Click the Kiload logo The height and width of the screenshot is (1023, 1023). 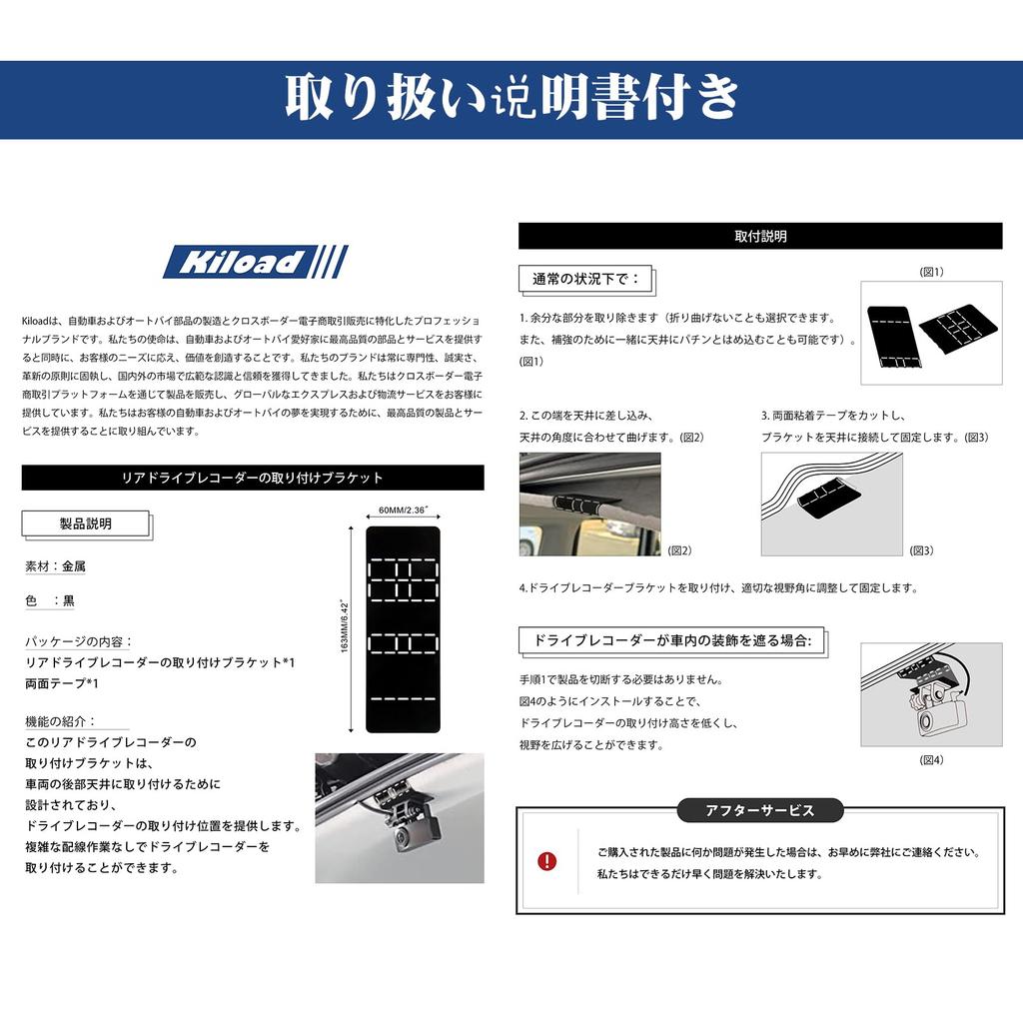(x=255, y=262)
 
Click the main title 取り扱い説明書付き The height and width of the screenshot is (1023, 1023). (x=511, y=98)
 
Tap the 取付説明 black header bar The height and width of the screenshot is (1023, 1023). (x=759, y=237)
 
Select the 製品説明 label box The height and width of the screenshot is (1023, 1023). (x=86, y=523)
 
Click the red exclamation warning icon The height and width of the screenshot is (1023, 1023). (x=547, y=861)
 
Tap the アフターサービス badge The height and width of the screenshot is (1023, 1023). (x=759, y=810)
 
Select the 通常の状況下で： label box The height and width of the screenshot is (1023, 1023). (x=586, y=278)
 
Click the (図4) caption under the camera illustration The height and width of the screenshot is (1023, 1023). (x=931, y=759)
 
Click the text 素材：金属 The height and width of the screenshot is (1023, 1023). (x=56, y=565)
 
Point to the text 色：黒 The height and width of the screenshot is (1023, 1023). (x=50, y=601)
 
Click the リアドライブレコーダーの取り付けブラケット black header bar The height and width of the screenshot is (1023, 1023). (x=252, y=479)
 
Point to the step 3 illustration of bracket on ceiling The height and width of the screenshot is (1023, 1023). (x=831, y=504)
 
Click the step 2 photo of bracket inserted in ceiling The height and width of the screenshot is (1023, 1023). (x=589, y=504)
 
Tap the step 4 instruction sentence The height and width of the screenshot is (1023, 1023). (x=717, y=588)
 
